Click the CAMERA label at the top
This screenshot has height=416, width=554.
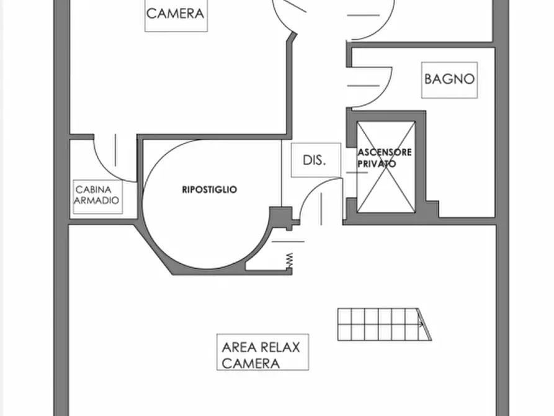tap(176, 13)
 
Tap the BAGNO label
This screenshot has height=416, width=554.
tap(450, 79)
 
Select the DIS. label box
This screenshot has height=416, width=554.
tap(315, 160)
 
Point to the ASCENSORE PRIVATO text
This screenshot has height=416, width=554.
tap(385, 158)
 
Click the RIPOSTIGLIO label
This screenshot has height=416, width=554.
tap(209, 190)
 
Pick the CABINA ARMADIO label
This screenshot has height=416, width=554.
tap(97, 195)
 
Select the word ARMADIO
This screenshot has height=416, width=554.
tap(97, 201)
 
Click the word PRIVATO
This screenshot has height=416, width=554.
tap(377, 164)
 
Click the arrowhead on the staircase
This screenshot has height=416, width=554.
tap(421, 323)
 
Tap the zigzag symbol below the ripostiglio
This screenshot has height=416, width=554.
tap(288, 260)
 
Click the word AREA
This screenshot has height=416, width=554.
tap(236, 347)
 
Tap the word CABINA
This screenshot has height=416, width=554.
tap(94, 189)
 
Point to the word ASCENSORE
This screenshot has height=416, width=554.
tap(385, 152)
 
